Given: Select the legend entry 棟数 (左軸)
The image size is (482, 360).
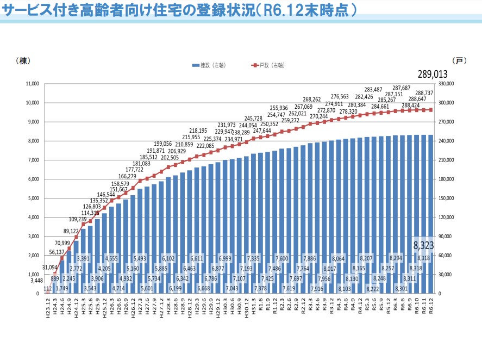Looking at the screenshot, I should click(209, 65).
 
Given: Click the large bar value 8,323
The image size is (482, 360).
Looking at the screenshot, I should click(423, 245).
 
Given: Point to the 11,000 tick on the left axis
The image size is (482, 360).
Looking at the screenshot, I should click(31, 84).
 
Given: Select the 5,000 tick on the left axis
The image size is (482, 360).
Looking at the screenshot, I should click(33, 198).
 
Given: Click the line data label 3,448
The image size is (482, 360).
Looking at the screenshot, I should click(35, 280).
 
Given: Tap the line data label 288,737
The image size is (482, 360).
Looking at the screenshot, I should click(439, 93).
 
